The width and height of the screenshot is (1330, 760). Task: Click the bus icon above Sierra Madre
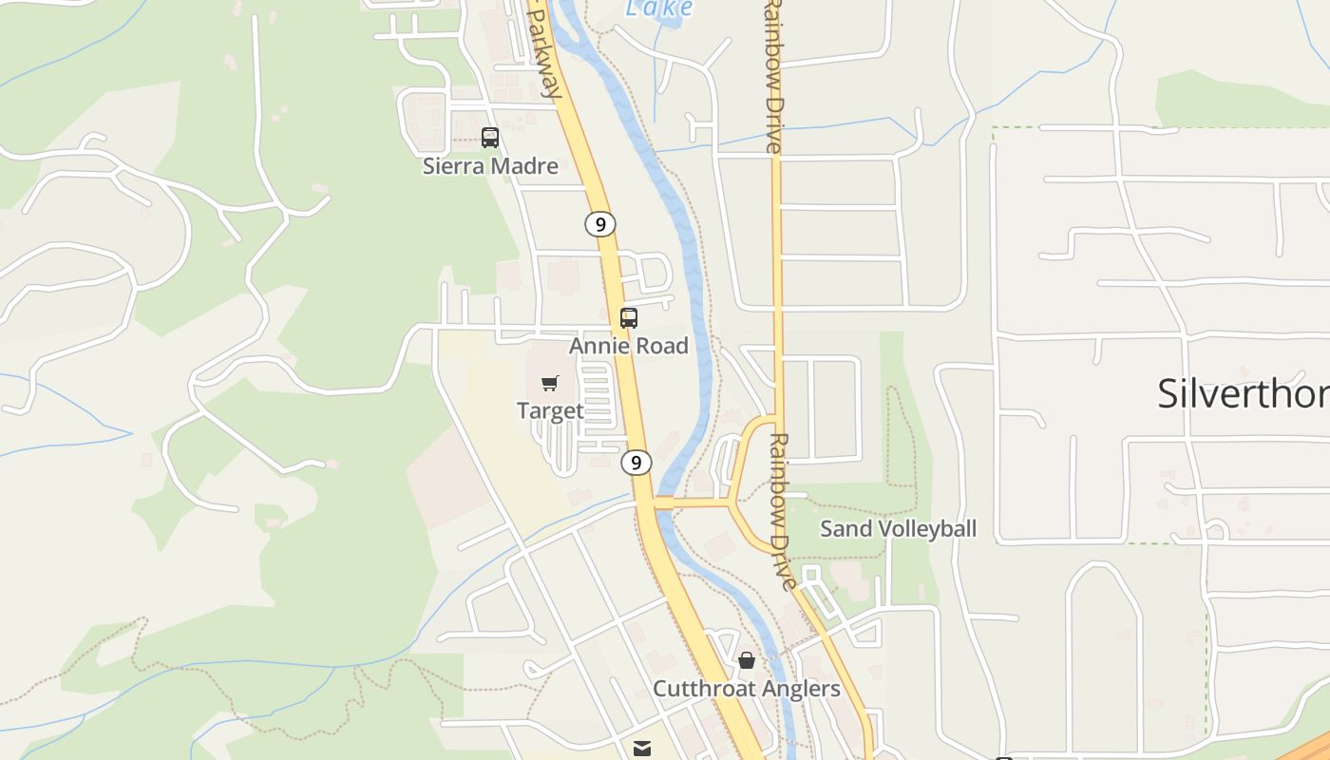coord(490,138)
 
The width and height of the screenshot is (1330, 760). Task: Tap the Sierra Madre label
coord(490,166)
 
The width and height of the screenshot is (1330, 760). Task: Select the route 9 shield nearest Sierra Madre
coord(599,224)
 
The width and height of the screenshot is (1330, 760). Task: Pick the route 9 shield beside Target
coord(636,463)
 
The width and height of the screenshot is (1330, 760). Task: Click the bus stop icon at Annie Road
coord(629,318)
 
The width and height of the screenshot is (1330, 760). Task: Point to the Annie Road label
coord(629,346)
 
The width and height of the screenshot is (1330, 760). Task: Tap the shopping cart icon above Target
coord(550,383)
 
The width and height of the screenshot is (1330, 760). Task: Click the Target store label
coord(550,410)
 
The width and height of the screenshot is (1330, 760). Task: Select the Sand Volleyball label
coord(898,529)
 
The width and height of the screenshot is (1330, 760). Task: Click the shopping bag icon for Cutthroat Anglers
coord(747,659)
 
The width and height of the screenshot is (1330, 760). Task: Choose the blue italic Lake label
coord(659,9)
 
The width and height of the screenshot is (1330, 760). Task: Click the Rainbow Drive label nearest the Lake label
coord(773,76)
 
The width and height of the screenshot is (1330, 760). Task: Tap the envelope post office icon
coord(642,749)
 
